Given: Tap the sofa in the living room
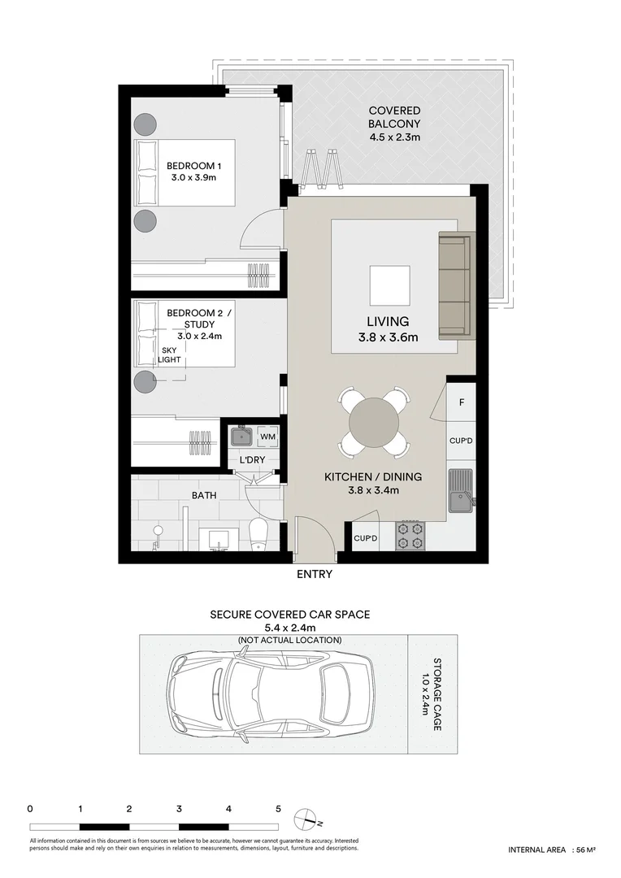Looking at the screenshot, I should pyautogui.click(x=455, y=286).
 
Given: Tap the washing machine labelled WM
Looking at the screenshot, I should pyautogui.click(x=267, y=437).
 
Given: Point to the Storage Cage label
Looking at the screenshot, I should pyautogui.click(x=431, y=694).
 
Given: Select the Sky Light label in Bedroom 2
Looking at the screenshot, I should pyautogui.click(x=169, y=355).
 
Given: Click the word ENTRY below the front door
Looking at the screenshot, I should pyautogui.click(x=315, y=574).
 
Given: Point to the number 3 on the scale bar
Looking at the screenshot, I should pyautogui.click(x=178, y=809).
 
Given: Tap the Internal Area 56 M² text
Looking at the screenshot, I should pyautogui.click(x=552, y=850).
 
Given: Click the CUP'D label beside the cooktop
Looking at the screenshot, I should pyautogui.click(x=366, y=538).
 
